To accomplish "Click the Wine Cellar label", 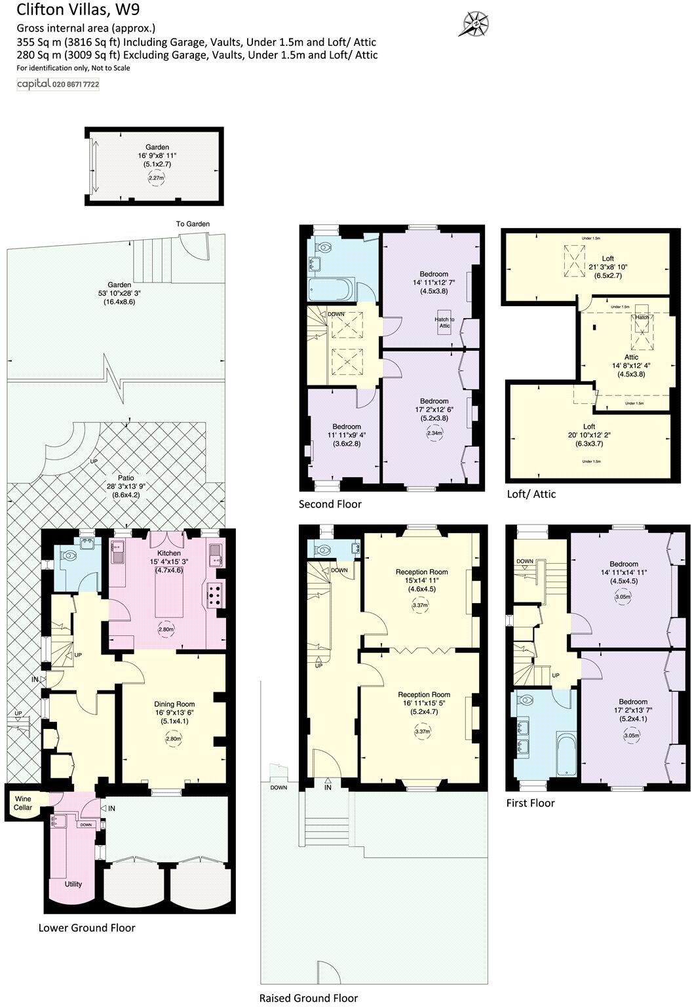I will pyautogui.click(x=23, y=803).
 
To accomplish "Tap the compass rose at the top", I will pyautogui.click(x=472, y=24).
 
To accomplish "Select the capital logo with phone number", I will pyautogui.click(x=58, y=84).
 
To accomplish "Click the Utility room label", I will pyautogui.click(x=73, y=884).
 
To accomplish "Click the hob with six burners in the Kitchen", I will pyautogui.click(x=216, y=594).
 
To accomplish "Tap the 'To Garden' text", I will pyautogui.click(x=193, y=224).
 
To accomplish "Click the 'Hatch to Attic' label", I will pyautogui.click(x=444, y=322).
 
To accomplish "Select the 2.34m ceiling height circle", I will pyautogui.click(x=434, y=433).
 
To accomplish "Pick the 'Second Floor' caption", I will pyautogui.click(x=330, y=504).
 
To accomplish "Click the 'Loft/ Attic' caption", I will pyautogui.click(x=531, y=494).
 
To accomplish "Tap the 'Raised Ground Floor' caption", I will pyautogui.click(x=309, y=998).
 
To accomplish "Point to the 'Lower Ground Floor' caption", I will pyautogui.click(x=86, y=928).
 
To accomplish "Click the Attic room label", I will pyautogui.click(x=631, y=357).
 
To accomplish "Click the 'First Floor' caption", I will pyautogui.click(x=530, y=803).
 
